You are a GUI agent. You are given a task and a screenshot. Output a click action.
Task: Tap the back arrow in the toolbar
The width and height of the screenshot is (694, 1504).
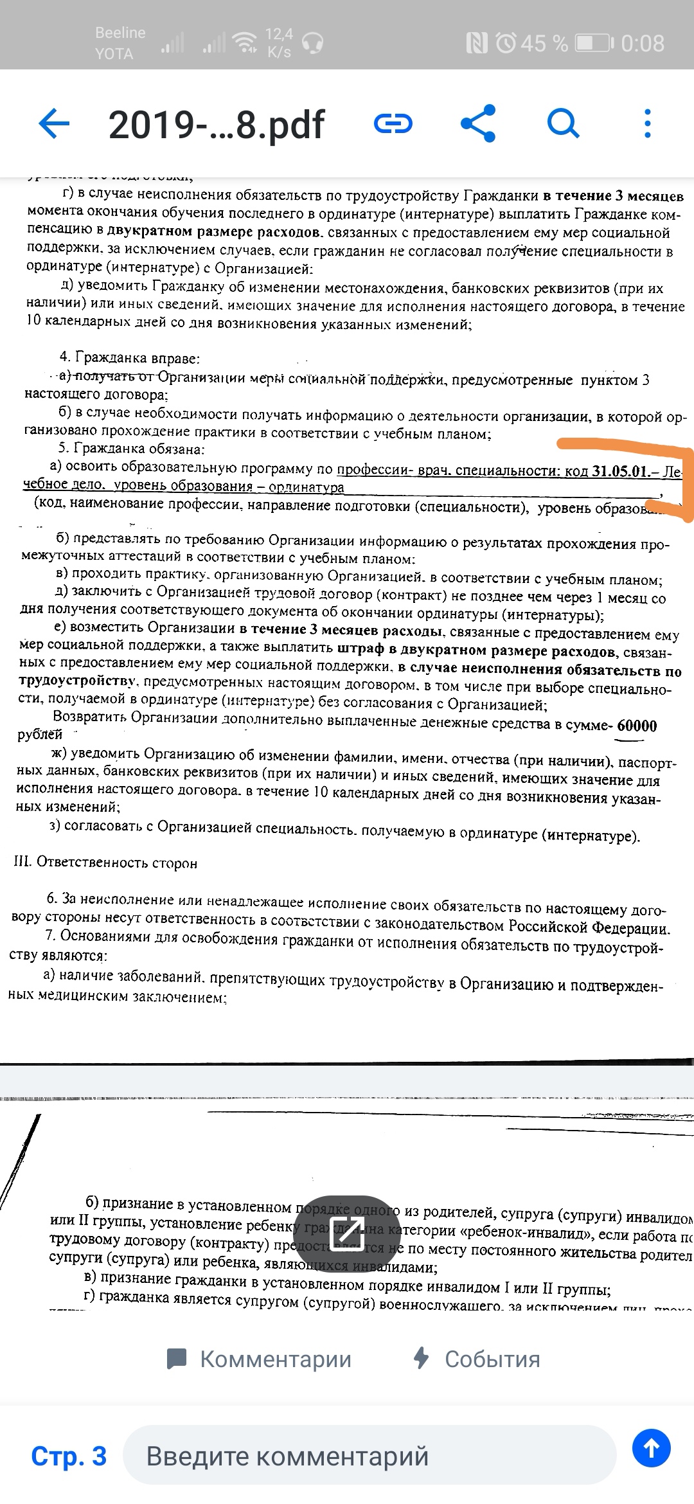pyautogui.click(x=54, y=123)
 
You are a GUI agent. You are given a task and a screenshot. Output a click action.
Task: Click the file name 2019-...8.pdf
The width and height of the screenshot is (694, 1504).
pyautogui.click(x=217, y=125)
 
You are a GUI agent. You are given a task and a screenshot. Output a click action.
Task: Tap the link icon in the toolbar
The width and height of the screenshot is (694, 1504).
pyautogui.click(x=393, y=123)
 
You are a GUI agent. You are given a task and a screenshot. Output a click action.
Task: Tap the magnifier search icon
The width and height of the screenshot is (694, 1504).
pyautogui.click(x=564, y=123)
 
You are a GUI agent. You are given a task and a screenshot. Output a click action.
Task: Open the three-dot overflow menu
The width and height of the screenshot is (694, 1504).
pyautogui.click(x=647, y=123)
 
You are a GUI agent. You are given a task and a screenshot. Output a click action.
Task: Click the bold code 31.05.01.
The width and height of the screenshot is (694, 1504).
pyautogui.click(x=621, y=471)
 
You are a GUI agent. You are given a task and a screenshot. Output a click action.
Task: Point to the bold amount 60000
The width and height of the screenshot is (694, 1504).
pyautogui.click(x=637, y=726)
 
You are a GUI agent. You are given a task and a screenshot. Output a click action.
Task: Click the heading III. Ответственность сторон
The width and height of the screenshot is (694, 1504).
pyautogui.click(x=105, y=863)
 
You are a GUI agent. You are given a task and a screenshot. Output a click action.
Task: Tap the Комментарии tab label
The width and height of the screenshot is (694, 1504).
pyautogui.click(x=276, y=1359)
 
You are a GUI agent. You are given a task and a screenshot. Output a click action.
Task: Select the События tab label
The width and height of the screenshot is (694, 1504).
pyautogui.click(x=492, y=1359)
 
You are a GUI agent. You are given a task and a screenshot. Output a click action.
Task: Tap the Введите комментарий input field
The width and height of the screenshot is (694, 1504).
pyautogui.click(x=369, y=1456)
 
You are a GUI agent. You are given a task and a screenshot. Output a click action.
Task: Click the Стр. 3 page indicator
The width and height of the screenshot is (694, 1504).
pyautogui.click(x=69, y=1456)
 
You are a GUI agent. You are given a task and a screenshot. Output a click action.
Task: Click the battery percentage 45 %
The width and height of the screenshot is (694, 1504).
pyautogui.click(x=544, y=44)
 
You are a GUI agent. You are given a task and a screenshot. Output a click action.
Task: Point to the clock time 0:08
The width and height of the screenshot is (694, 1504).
pyautogui.click(x=643, y=44)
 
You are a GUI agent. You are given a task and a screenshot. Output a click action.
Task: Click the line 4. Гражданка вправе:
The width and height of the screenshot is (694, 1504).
pyautogui.click(x=130, y=357)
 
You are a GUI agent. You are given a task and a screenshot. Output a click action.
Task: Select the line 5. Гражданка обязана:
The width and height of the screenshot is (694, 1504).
pyautogui.click(x=132, y=449)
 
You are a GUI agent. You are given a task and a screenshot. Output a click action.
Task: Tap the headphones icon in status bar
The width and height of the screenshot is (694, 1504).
pyautogui.click(x=312, y=43)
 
